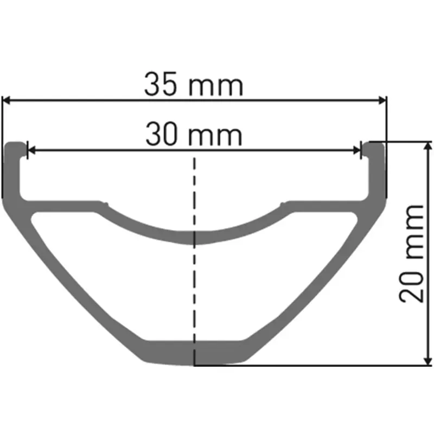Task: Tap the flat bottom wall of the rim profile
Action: [194, 353]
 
